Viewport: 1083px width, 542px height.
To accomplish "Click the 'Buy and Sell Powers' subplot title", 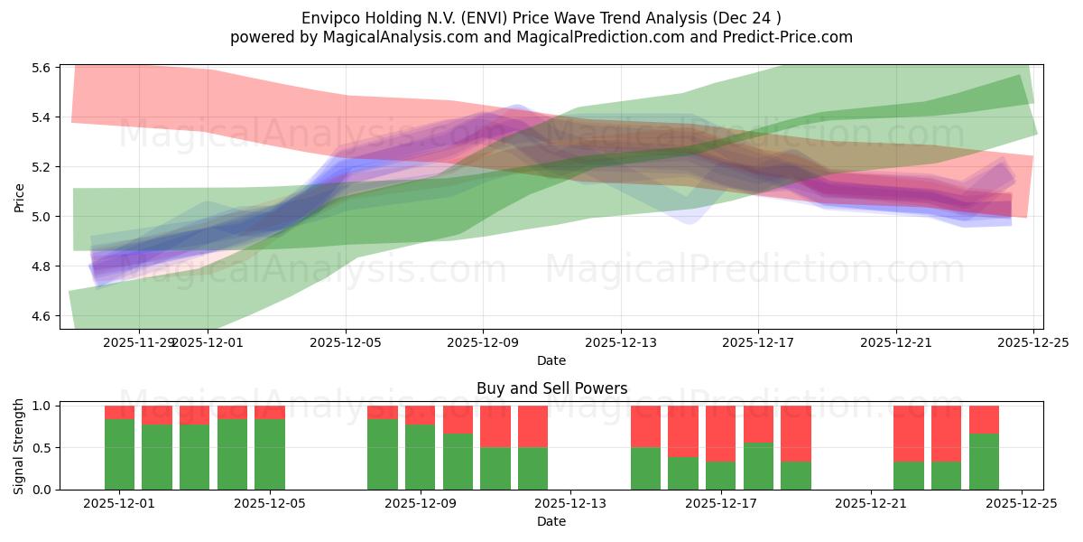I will [x=551, y=388].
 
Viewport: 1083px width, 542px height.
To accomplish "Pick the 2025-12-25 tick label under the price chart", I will [x=1033, y=341].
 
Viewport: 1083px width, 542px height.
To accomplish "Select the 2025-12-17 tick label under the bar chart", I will [x=721, y=503].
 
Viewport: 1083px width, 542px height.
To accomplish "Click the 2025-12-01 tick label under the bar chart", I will [x=119, y=503].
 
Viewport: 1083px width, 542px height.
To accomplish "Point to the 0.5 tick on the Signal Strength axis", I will [x=42, y=448].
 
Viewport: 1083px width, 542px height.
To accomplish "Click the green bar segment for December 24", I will [x=984, y=462].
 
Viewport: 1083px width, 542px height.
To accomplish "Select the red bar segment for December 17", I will [x=721, y=434].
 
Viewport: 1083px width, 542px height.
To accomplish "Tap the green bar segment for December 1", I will [x=119, y=454].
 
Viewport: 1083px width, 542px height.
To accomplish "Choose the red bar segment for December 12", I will [x=532, y=426].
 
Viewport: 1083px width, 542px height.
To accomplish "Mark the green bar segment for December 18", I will [x=758, y=466].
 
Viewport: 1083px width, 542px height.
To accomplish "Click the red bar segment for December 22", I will [x=909, y=434].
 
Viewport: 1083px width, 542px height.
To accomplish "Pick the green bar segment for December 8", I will [x=383, y=454].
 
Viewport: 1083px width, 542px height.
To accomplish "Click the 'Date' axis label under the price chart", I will [x=551, y=360].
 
